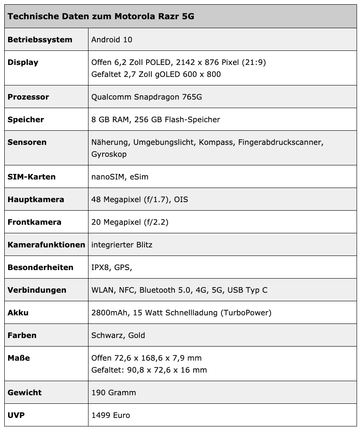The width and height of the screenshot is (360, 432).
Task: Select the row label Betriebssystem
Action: (40, 40)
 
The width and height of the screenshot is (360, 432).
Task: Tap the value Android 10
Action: (112, 40)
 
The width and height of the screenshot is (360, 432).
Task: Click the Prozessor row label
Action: (28, 97)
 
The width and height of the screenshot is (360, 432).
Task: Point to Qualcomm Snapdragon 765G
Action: (147, 97)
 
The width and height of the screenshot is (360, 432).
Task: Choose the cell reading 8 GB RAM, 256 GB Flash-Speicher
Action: (156, 120)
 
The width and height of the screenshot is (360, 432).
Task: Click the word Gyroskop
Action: (109, 154)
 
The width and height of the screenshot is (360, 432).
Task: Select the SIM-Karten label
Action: (32, 177)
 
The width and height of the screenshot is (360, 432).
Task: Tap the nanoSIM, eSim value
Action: (120, 177)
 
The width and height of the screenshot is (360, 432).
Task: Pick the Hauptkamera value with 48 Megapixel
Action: (139, 200)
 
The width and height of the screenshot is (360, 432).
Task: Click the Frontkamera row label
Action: (34, 222)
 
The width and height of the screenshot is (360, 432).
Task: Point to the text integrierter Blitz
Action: (122, 245)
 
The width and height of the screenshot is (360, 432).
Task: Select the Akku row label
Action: (18, 313)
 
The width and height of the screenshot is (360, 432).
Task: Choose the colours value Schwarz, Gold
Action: (118, 335)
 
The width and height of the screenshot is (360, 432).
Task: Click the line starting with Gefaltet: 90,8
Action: (149, 370)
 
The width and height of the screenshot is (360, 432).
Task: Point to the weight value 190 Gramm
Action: (114, 393)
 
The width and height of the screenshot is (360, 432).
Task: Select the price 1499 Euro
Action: (111, 415)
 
